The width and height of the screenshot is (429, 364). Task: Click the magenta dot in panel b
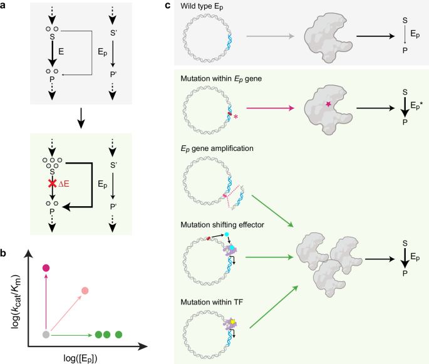(x=45, y=269)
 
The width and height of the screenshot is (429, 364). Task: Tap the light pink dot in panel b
(x=85, y=291)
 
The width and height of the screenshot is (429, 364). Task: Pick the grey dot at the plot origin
(x=45, y=335)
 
